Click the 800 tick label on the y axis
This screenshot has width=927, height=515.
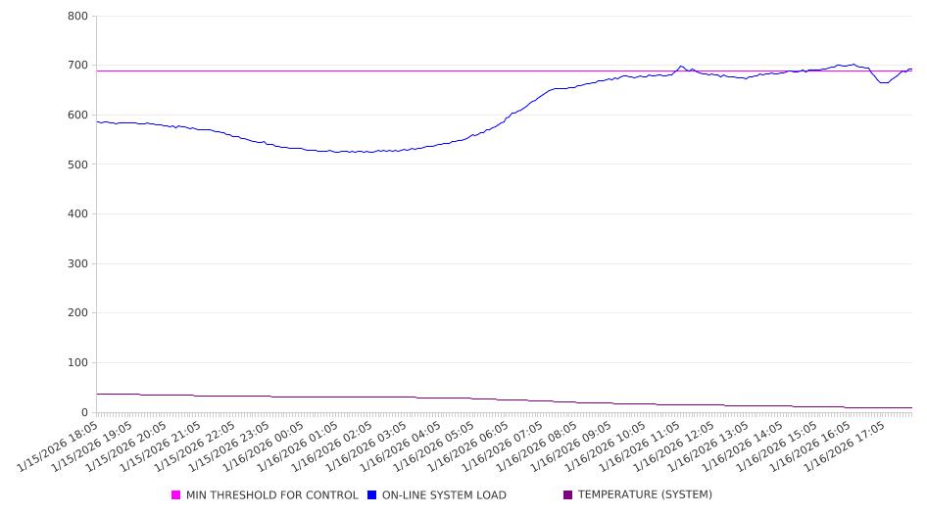(77, 17)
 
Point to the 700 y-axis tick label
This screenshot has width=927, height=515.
(77, 66)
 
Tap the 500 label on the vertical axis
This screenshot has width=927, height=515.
(77, 164)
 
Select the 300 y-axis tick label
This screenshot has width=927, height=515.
(77, 264)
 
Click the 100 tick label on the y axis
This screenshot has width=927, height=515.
(77, 363)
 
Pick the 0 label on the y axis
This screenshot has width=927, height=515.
(83, 412)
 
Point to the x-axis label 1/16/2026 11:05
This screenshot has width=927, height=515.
(631, 446)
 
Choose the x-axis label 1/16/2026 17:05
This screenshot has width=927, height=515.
(832, 446)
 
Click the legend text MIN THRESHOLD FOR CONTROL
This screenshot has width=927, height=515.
(271, 495)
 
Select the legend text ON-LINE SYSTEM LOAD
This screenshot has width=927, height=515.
(444, 495)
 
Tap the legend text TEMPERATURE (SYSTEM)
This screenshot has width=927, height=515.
(645, 495)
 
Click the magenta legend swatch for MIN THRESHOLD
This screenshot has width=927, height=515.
(176, 495)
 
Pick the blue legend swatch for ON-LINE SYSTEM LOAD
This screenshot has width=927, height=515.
(372, 495)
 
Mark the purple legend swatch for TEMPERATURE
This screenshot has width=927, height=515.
(568, 495)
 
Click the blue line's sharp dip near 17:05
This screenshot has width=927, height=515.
(883, 82)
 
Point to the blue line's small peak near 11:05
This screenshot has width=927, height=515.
(681, 67)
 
